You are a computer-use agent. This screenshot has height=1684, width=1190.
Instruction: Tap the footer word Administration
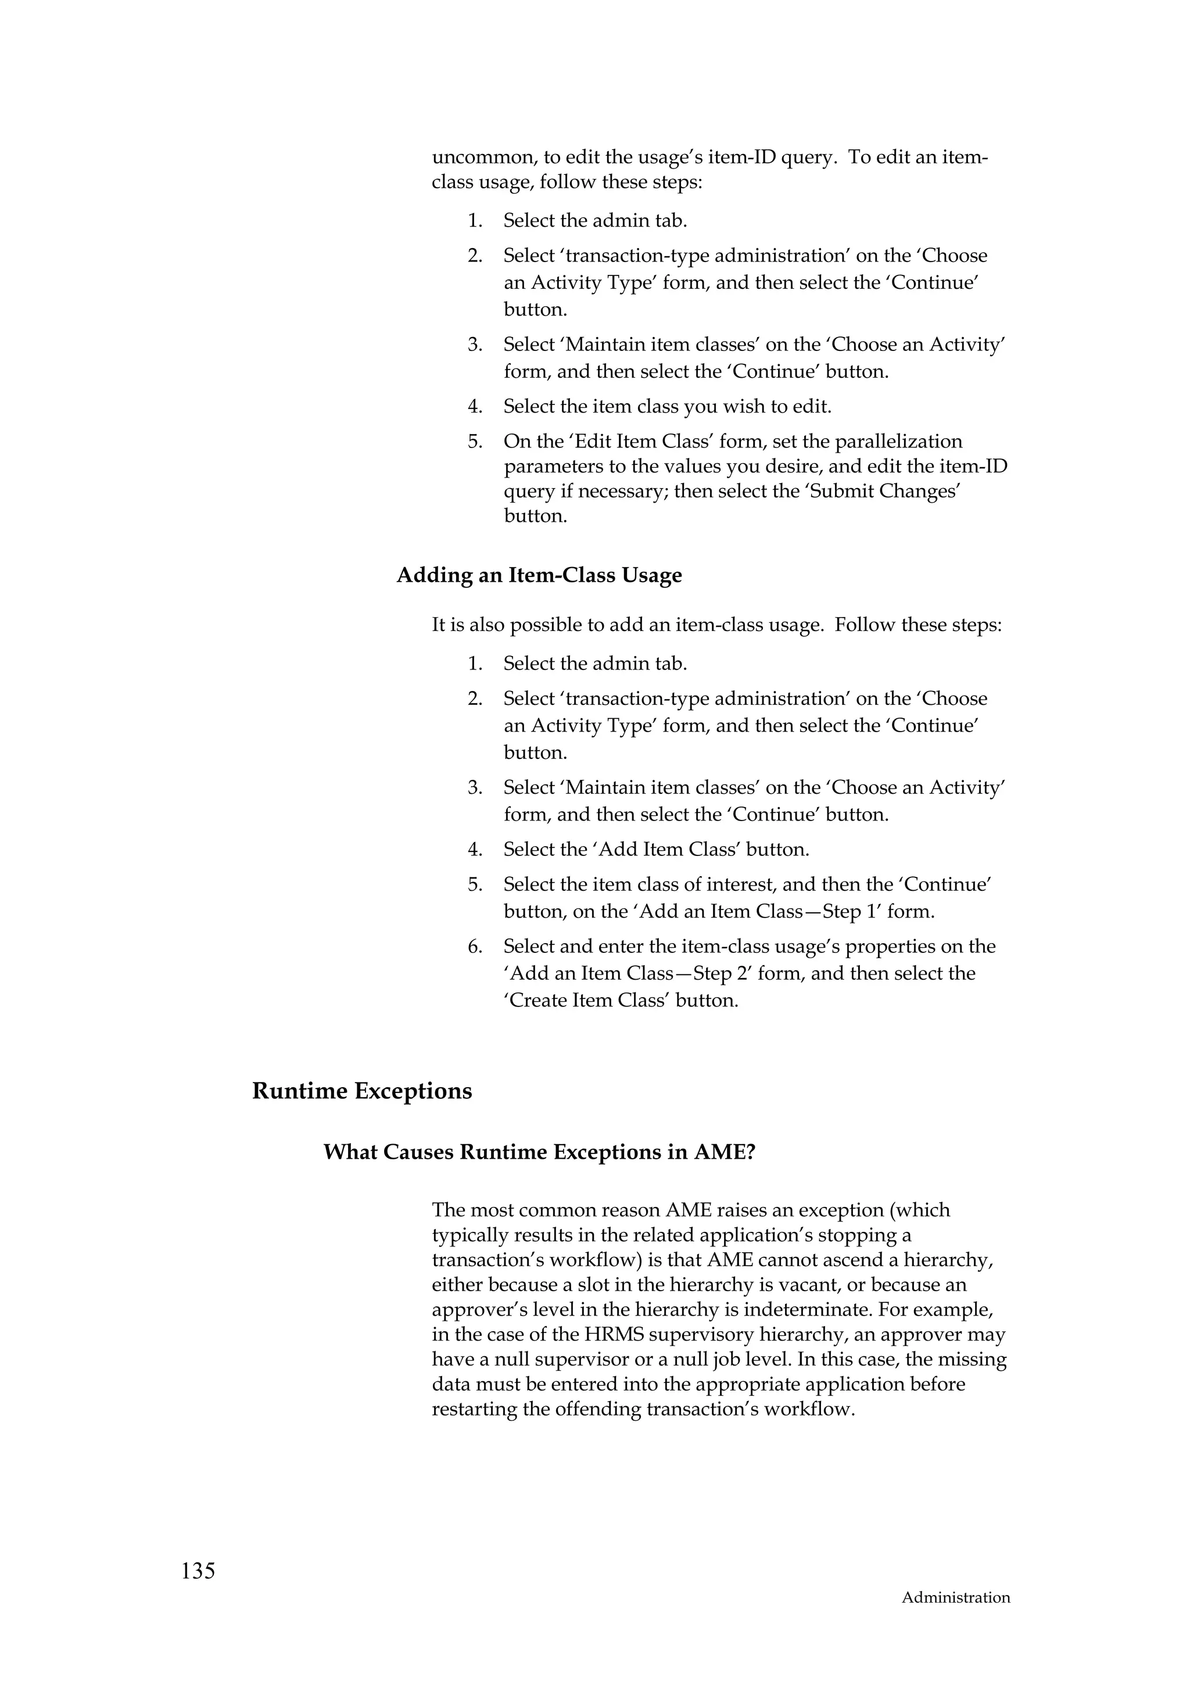955,1618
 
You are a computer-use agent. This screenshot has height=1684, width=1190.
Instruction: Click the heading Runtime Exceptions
361,1091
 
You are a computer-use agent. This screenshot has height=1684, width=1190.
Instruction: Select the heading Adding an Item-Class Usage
539,575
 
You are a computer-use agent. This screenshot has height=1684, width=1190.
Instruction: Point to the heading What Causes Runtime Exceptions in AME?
539,1152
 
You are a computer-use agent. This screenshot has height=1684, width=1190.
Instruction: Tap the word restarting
475,1410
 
